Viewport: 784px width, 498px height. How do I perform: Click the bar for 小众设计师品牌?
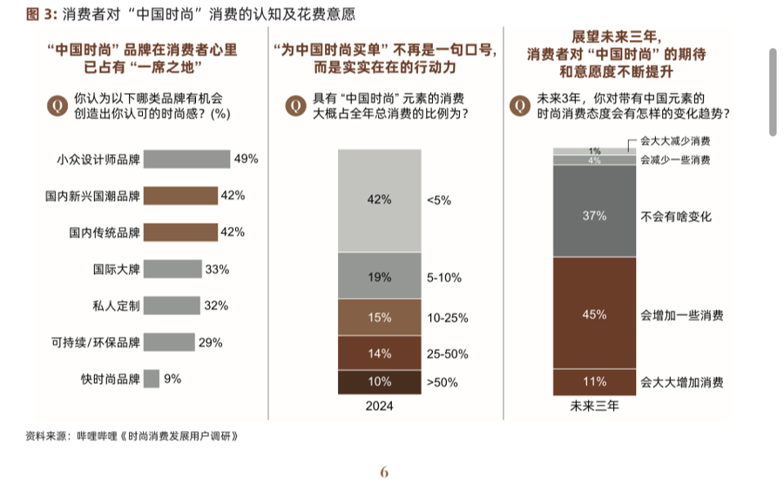click(x=186, y=159)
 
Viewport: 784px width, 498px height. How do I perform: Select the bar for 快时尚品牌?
click(x=151, y=379)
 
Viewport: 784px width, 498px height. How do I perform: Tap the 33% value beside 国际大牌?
click(x=217, y=269)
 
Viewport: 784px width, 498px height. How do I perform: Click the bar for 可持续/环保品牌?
click(x=169, y=342)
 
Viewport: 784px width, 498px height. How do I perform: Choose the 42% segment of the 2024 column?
click(x=379, y=200)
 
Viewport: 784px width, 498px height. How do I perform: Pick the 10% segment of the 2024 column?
click(x=379, y=382)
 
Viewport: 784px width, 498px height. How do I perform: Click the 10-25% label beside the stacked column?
click(x=448, y=319)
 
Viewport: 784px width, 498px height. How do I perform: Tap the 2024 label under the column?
click(x=379, y=406)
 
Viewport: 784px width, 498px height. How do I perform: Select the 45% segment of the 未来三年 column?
click(x=595, y=313)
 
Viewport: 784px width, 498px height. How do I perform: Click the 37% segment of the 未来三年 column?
click(x=595, y=211)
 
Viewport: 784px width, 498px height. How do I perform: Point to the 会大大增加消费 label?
click(x=682, y=382)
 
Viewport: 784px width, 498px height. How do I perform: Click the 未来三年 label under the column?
click(x=594, y=406)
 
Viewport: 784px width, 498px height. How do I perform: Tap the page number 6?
click(x=384, y=472)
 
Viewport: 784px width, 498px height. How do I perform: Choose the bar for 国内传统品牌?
click(x=180, y=232)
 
